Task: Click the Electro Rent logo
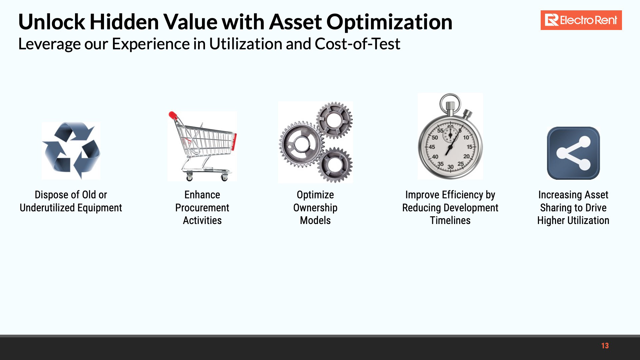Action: [581, 20]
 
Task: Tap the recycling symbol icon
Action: [71, 150]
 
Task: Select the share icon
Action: [573, 153]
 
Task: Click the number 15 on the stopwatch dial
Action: [470, 147]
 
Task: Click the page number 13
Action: [605, 346]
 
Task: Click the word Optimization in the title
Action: [389, 22]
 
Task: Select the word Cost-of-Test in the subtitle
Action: [357, 44]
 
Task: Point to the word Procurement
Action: [202, 208]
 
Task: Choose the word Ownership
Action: [315, 208]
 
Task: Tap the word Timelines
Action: [450, 220]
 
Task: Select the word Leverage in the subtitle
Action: [49, 44]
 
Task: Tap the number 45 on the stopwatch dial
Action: [432, 147]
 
